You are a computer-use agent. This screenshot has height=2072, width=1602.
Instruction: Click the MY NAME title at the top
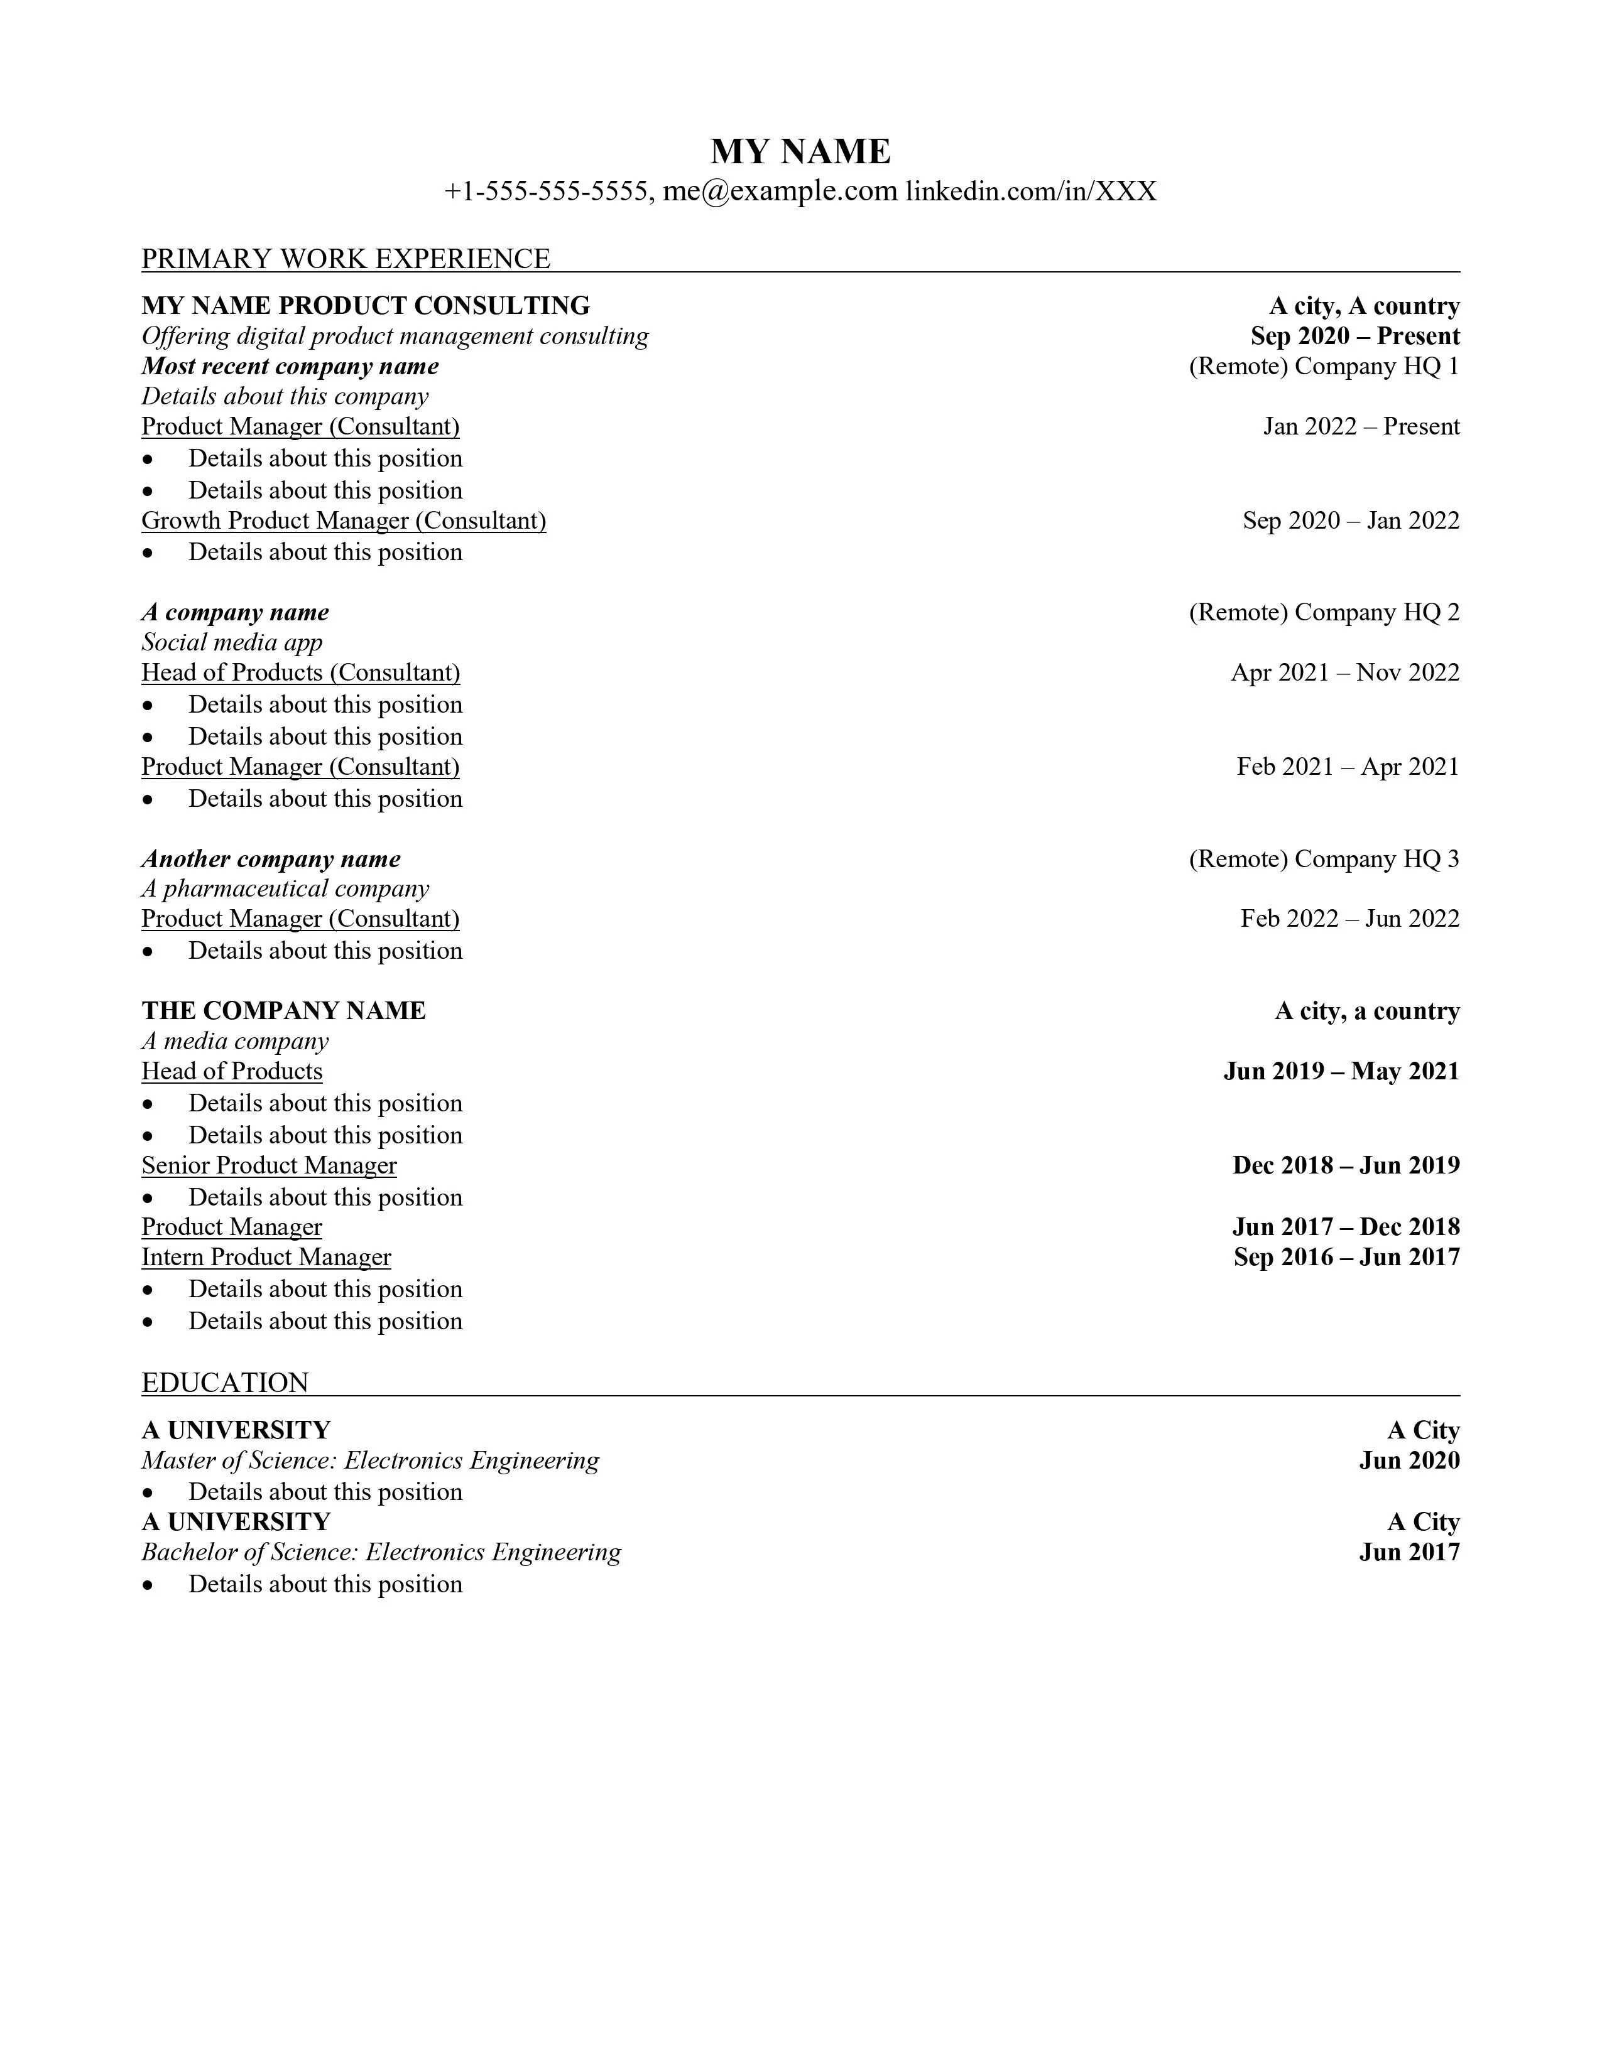point(800,152)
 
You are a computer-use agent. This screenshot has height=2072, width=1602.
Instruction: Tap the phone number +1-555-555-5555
point(546,192)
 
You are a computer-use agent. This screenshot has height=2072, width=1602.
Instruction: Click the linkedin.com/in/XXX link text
point(1031,192)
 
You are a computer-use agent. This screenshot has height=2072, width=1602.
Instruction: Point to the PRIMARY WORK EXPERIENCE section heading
point(346,259)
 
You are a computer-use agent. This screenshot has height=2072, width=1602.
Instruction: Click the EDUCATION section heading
point(225,1383)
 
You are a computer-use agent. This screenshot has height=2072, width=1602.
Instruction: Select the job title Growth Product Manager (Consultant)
point(344,521)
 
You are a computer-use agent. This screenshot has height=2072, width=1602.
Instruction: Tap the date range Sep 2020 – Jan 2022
point(1351,521)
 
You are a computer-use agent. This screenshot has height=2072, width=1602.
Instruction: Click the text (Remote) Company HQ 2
point(1324,612)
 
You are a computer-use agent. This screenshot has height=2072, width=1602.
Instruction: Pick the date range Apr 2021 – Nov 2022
point(1345,672)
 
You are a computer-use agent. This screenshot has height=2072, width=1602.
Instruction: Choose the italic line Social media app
point(232,642)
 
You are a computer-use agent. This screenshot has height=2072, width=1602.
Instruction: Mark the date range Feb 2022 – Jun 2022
point(1349,919)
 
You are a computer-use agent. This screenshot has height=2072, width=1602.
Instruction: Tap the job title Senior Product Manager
point(269,1165)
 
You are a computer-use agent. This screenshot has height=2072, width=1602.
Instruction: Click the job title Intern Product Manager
point(266,1257)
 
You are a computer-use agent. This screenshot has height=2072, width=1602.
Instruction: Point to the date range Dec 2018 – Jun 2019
point(1346,1165)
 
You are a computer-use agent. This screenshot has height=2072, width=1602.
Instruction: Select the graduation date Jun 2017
point(1409,1552)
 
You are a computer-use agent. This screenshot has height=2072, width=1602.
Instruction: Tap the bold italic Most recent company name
point(290,366)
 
